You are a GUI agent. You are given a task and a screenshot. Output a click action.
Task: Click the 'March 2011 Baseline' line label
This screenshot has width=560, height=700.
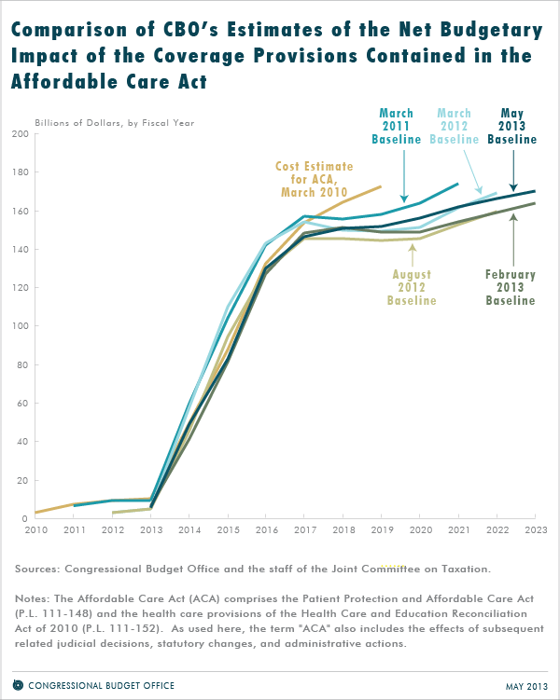(x=397, y=126)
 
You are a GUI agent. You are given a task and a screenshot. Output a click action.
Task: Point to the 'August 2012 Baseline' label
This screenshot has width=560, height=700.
(x=413, y=287)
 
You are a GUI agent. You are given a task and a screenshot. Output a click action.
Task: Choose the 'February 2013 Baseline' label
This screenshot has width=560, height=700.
(x=511, y=287)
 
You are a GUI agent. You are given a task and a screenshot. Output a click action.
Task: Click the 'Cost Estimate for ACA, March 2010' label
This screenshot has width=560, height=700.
(x=313, y=179)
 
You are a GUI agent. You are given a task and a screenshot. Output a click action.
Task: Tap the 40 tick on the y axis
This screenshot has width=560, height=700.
(x=21, y=442)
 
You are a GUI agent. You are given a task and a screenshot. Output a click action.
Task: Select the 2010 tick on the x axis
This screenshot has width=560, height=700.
(x=36, y=529)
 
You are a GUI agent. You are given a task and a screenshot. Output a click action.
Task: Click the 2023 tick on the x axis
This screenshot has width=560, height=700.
(x=534, y=529)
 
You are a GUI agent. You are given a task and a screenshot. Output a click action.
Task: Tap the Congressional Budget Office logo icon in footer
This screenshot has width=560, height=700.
(x=18, y=685)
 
